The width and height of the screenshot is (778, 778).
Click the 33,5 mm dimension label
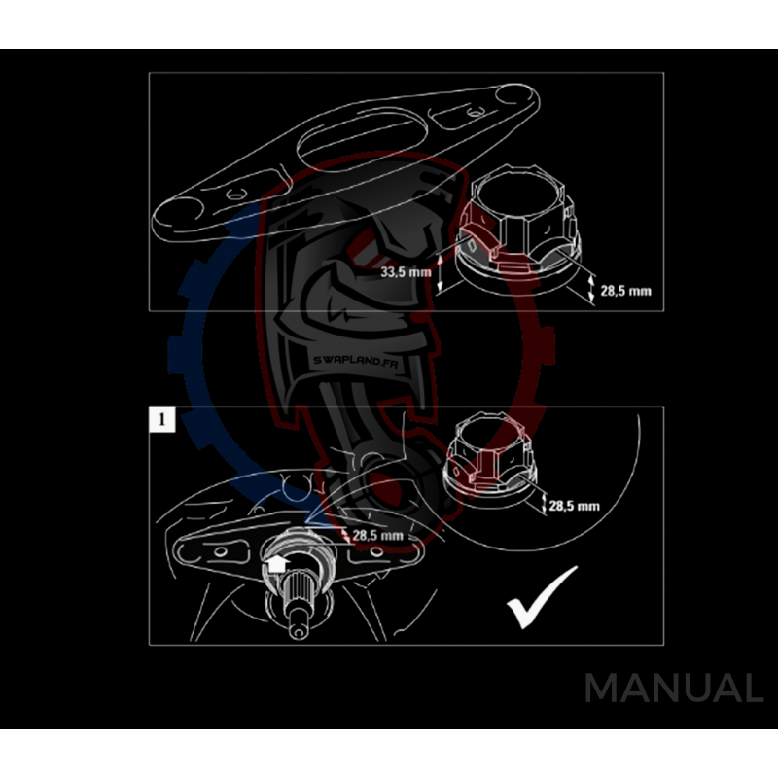point(406,272)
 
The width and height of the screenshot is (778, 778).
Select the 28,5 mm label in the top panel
point(625,291)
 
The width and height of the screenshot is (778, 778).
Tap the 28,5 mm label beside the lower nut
point(574,506)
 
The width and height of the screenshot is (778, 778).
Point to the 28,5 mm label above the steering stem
point(377,536)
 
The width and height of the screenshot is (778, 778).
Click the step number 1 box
point(162,420)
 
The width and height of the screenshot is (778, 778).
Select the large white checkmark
point(542,597)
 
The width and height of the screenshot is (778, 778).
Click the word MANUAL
point(674,688)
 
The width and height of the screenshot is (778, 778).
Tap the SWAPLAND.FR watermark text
point(355,362)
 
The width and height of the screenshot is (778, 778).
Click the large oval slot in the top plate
point(362,142)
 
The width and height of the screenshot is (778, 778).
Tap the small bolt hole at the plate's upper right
point(476,113)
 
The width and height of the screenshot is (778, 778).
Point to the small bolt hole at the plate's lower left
point(235,194)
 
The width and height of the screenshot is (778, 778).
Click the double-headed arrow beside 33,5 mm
point(441,272)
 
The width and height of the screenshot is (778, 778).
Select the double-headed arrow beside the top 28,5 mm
point(591,289)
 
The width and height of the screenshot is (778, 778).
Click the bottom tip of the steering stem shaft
point(299,635)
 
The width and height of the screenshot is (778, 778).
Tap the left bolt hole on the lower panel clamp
point(220,551)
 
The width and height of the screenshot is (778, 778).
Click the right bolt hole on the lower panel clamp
point(376,550)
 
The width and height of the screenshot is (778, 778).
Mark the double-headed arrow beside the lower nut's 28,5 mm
point(544,504)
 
